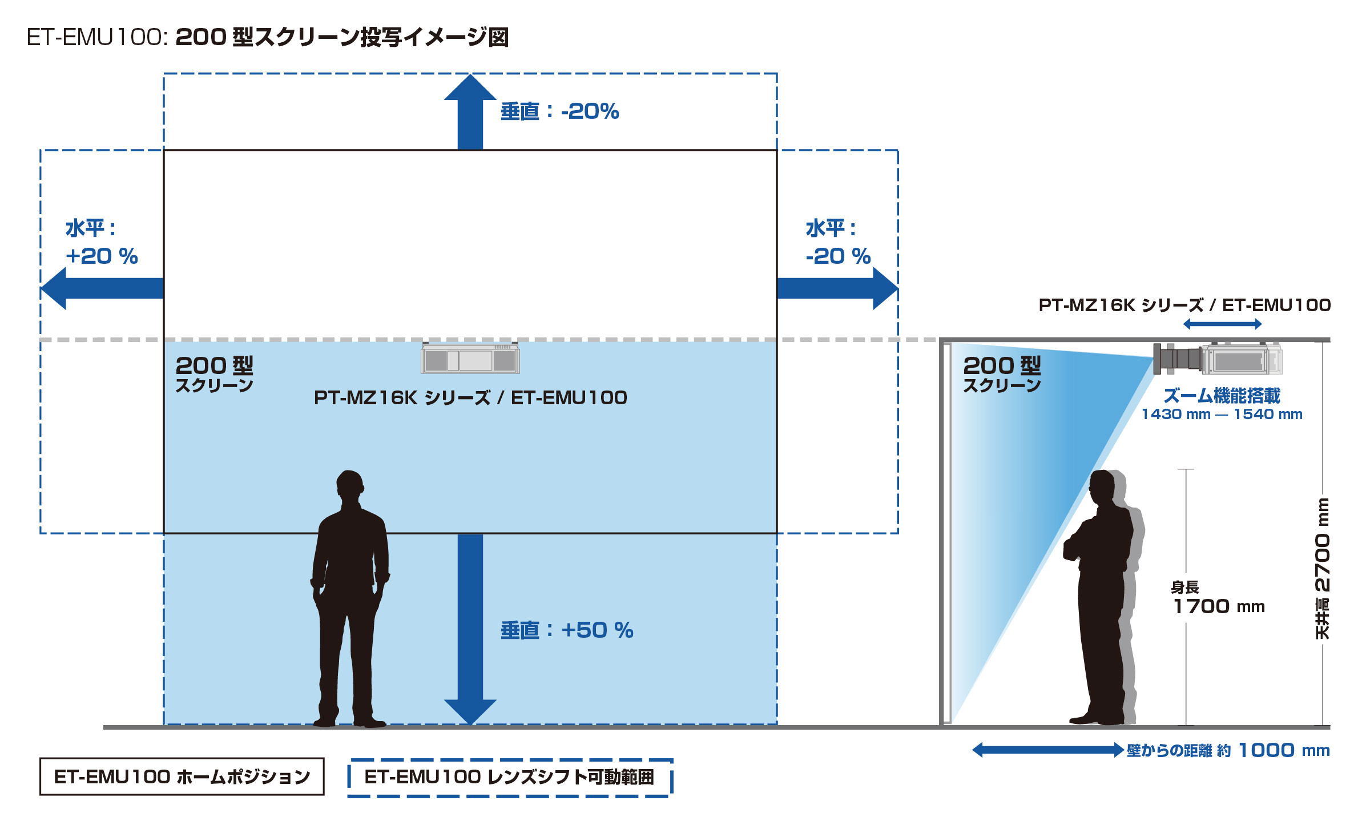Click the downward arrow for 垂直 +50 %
pyautogui.click(x=470, y=628)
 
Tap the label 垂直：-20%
pyautogui.click(x=559, y=111)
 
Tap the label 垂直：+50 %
pyautogui.click(x=567, y=630)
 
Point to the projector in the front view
pyautogui.click(x=470, y=359)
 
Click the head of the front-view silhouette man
pyautogui.click(x=349, y=485)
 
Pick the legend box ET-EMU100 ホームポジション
pyautogui.click(x=182, y=776)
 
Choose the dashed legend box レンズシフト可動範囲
pyautogui.click(x=510, y=777)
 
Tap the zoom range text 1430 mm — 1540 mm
pyautogui.click(x=1222, y=414)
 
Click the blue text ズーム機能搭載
pyautogui.click(x=1222, y=395)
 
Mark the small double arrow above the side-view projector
pyautogui.click(x=1222, y=324)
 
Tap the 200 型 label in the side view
pyautogui.click(x=1002, y=366)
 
